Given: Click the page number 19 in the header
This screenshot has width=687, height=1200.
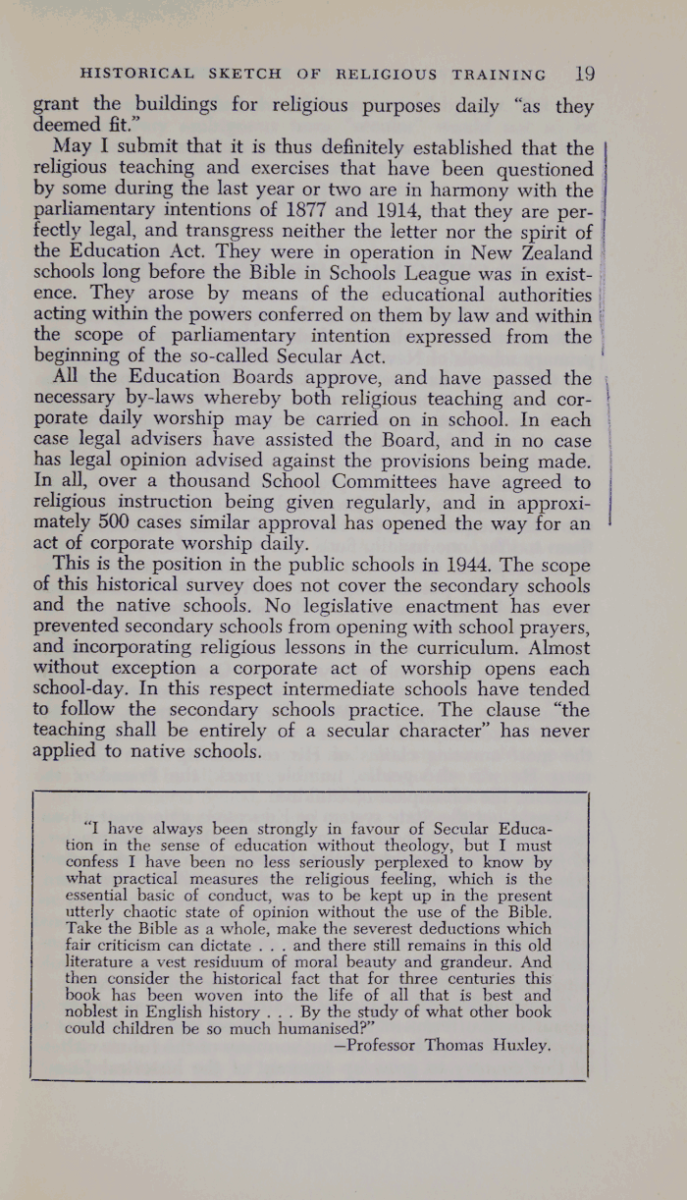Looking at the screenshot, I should tap(585, 73).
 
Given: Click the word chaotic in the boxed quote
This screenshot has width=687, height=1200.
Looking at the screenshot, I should tap(167, 912).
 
